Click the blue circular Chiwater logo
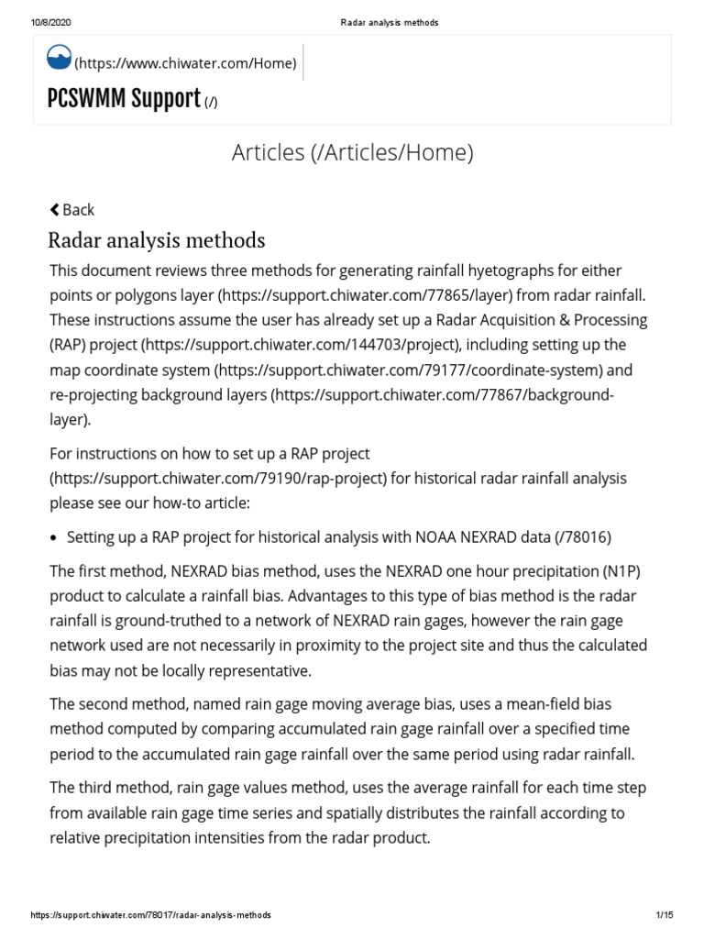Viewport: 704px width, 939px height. (59, 57)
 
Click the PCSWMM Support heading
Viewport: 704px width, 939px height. (124, 99)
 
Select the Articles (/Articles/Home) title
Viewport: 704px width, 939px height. (352, 152)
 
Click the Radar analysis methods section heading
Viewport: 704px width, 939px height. (156, 240)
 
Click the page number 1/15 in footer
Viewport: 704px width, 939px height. (665, 915)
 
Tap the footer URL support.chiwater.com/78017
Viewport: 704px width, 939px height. (150, 915)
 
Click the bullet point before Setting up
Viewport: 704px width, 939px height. (55, 537)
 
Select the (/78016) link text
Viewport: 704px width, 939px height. (583, 536)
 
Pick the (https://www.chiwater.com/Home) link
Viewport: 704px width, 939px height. (185, 62)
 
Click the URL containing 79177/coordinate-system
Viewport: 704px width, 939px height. (411, 370)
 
